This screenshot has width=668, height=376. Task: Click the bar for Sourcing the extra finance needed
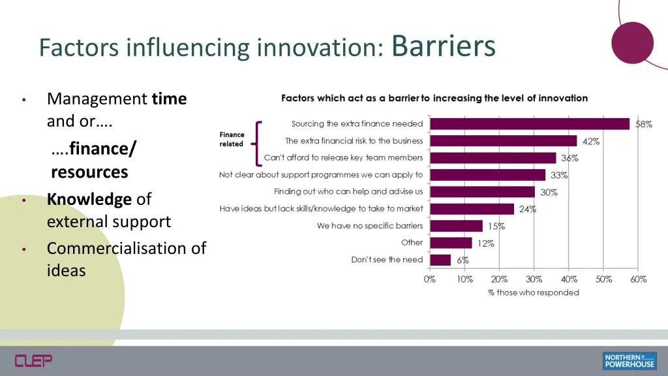[x=530, y=124]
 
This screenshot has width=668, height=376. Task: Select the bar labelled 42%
[x=504, y=141]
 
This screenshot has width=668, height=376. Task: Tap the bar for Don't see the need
[x=440, y=260]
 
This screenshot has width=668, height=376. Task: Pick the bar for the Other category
[x=451, y=243]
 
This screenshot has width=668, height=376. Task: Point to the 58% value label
[x=644, y=124]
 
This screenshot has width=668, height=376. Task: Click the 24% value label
[x=528, y=210]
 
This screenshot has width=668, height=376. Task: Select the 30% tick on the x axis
[x=534, y=279]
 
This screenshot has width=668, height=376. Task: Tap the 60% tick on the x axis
[x=639, y=279]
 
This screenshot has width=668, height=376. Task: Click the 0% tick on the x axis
[x=430, y=279]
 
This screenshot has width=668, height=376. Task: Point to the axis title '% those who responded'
[x=534, y=292]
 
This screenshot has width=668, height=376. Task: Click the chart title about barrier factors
[x=434, y=98]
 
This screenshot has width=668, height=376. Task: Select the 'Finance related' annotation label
[x=232, y=140]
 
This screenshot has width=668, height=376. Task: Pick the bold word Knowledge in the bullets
[x=89, y=199]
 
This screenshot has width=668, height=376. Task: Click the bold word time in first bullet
[x=169, y=99]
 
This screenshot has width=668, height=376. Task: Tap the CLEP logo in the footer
[x=33, y=360]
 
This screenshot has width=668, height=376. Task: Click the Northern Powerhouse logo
[x=629, y=361]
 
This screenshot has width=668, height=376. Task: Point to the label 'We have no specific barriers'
[x=370, y=226]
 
